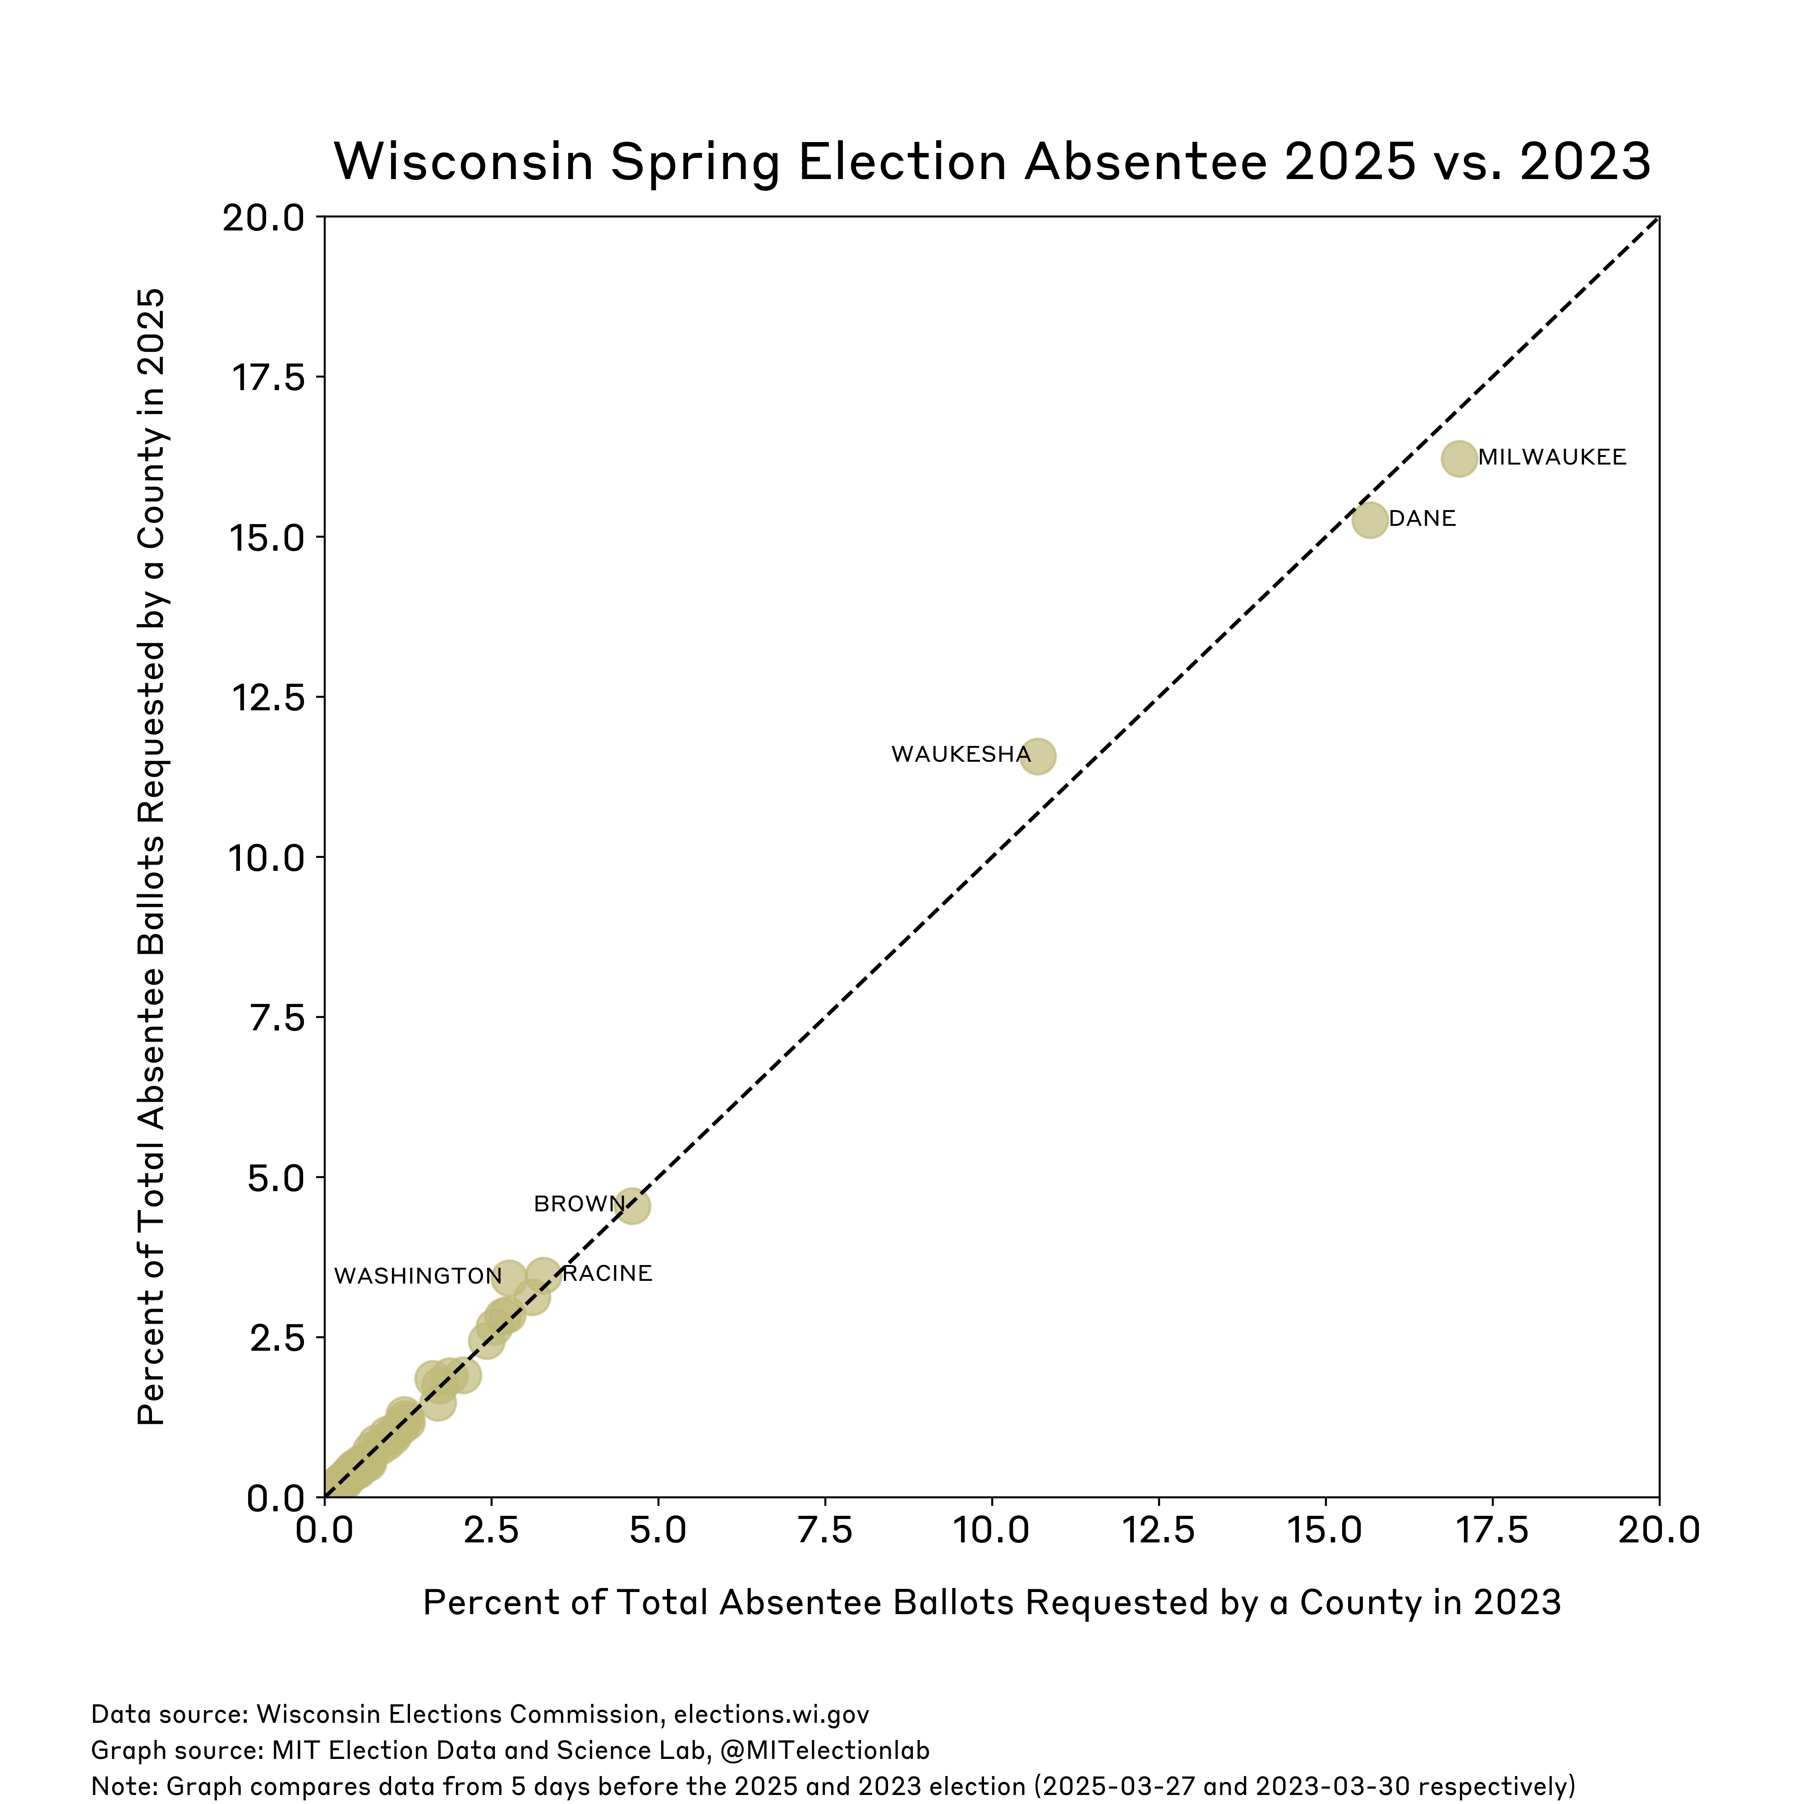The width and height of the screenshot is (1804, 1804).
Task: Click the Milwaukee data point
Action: (1459, 459)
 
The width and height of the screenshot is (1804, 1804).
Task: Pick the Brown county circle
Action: (632, 1206)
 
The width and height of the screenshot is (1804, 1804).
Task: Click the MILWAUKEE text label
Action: (1552, 457)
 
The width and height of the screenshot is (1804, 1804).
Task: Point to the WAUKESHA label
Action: (961, 755)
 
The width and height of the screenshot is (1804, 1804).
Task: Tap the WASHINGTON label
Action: (417, 1276)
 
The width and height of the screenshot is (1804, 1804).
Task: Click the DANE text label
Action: (1422, 518)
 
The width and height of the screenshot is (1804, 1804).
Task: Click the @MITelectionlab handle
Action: (825, 1750)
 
